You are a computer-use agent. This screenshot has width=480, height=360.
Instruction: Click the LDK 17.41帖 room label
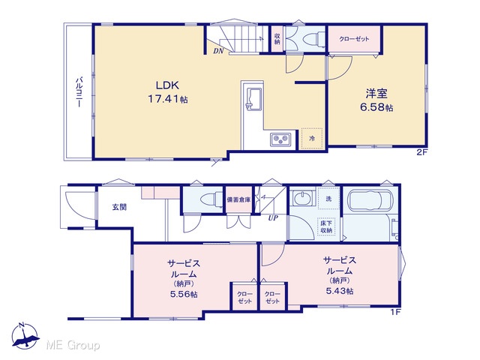click(168, 91)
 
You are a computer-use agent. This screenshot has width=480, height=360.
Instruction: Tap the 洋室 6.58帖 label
click(376, 100)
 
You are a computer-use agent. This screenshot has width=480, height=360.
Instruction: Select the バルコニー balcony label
click(79, 92)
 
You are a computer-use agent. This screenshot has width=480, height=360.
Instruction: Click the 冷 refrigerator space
click(312, 139)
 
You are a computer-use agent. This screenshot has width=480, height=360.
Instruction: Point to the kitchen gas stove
click(280, 139)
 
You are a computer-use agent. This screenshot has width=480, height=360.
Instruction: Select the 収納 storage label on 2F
click(277, 39)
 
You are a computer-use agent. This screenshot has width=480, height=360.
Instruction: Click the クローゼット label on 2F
click(354, 39)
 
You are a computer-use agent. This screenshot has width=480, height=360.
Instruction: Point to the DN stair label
click(218, 51)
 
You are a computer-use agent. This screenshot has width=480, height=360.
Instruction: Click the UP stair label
click(273, 218)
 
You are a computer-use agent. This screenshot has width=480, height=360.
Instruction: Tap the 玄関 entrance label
click(119, 207)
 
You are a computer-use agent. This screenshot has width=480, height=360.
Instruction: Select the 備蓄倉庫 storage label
click(238, 200)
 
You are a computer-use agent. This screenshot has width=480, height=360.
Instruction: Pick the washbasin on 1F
click(302, 198)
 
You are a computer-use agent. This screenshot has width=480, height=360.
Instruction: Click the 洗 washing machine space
click(328, 198)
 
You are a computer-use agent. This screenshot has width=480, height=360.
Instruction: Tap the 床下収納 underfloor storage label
click(327, 226)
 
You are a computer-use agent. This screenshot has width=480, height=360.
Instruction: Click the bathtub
click(370, 202)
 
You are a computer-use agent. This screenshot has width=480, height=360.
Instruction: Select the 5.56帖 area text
click(184, 294)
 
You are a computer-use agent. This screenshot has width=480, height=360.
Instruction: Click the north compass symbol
click(25, 336)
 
